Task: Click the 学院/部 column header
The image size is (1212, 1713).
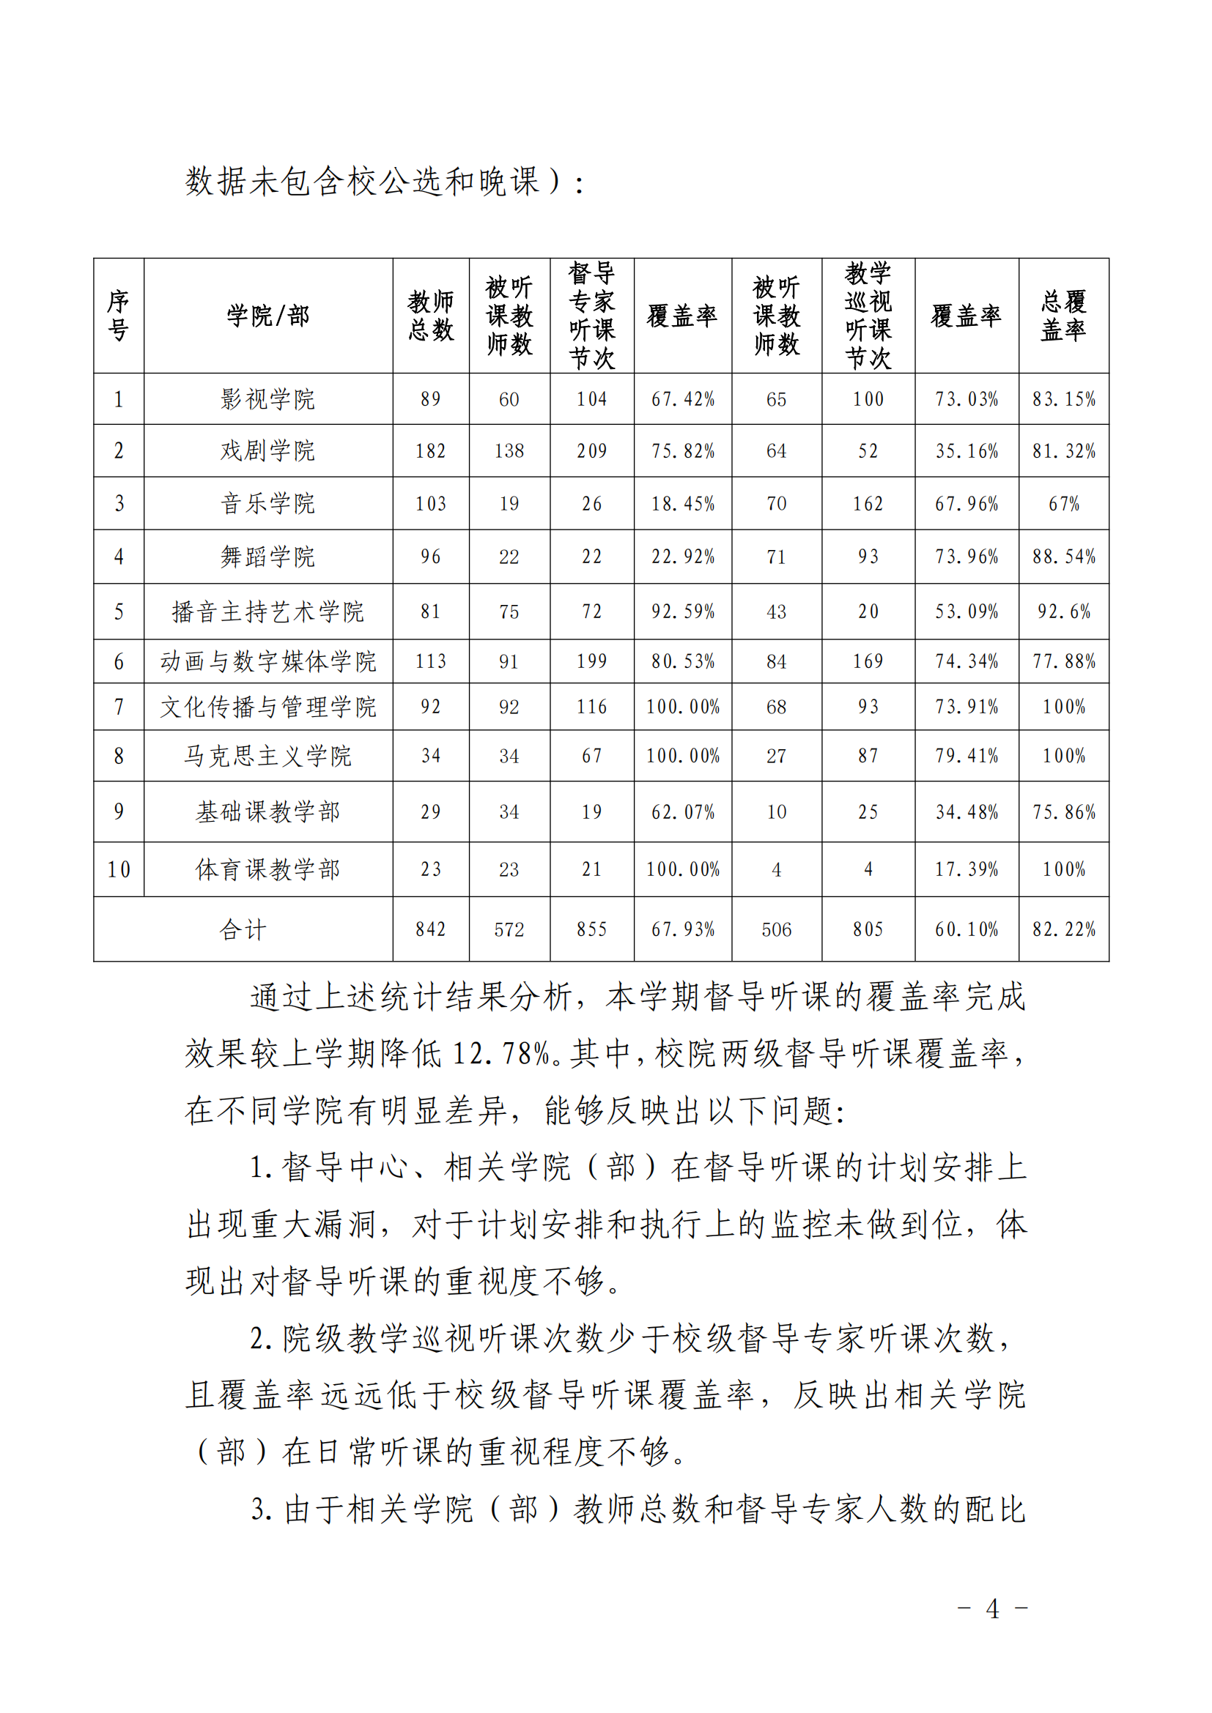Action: coord(267,316)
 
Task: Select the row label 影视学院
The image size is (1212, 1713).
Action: coord(267,399)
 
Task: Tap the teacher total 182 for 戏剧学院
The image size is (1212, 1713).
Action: coord(431,450)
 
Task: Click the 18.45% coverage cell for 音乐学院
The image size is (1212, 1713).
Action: coord(682,504)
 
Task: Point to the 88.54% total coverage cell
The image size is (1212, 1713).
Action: coord(1063,557)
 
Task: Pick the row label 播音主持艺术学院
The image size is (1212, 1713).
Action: coord(267,612)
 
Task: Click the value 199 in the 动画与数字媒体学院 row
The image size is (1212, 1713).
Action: coord(591,661)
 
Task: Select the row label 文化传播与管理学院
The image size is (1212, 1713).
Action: coord(267,707)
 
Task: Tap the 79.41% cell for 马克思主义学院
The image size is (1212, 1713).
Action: coord(967,756)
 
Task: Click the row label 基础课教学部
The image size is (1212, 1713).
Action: coord(267,811)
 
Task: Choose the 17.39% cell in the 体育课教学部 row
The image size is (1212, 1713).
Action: coord(967,869)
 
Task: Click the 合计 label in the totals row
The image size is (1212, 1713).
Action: coord(243,929)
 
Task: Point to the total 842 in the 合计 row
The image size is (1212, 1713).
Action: coord(431,929)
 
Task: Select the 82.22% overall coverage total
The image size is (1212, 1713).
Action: coord(1063,929)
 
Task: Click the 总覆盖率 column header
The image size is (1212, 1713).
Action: coord(1063,316)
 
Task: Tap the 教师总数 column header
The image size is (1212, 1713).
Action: coord(431,316)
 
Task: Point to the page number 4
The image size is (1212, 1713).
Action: coord(992,1609)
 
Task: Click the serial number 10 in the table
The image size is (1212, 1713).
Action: coord(119,869)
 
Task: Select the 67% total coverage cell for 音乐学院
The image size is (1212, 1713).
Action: coord(1063,504)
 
